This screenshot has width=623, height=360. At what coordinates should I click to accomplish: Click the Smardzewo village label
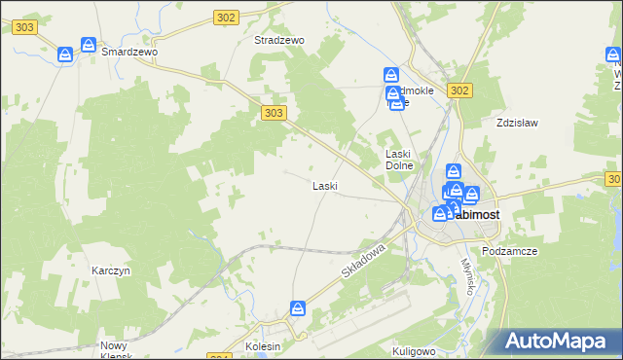tap(129, 53)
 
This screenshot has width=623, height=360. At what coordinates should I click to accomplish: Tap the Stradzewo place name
tap(279, 41)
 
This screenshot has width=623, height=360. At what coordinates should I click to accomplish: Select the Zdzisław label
tap(517, 124)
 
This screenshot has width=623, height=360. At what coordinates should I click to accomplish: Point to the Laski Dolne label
tap(400, 160)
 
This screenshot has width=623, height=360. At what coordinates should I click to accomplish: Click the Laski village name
tap(324, 185)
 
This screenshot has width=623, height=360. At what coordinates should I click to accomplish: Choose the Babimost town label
tap(467, 215)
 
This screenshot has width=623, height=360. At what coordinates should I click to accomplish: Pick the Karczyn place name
tap(111, 270)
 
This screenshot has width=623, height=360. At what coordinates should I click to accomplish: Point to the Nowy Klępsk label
tap(119, 350)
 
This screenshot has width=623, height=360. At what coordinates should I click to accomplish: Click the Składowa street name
tap(365, 263)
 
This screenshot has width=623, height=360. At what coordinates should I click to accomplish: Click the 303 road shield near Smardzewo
tap(25, 28)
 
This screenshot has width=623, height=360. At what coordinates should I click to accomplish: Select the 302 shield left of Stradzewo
tap(226, 18)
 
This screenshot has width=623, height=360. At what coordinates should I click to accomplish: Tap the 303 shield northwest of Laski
tap(275, 114)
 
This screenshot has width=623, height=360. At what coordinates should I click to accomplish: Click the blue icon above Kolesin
tap(298, 308)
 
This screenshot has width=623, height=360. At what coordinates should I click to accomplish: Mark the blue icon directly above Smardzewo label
tap(89, 46)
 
